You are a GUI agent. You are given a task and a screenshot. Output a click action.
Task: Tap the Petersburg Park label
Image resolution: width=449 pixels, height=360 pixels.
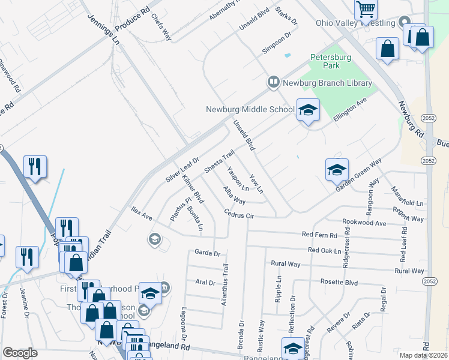coord(330,62)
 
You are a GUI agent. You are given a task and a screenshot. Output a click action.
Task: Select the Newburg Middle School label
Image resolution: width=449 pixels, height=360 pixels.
coord(250,109)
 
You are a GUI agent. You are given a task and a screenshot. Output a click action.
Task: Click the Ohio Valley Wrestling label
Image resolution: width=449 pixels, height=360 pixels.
coord(355,23)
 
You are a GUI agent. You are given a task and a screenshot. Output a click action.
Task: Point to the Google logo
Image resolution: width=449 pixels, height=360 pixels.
coord(20,353)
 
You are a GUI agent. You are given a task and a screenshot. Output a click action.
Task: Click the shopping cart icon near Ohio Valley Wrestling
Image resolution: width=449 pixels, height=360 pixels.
coord(366,10)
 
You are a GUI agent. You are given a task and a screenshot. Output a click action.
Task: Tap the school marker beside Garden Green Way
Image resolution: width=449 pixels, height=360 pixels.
coord(337,170)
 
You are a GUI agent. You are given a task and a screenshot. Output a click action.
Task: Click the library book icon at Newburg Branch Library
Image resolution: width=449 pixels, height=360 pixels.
coord(273,80)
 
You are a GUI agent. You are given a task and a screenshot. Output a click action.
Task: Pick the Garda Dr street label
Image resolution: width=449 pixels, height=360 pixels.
coord(208,253)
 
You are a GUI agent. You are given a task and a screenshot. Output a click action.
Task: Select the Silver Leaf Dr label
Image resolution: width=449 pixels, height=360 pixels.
coord(182,170)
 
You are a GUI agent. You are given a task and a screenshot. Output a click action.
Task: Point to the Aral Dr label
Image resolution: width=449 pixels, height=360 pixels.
coord(205,281)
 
